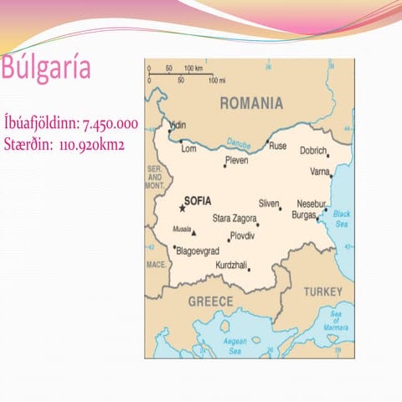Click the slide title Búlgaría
(47, 70)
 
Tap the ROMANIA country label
(250, 103)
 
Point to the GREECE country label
(210, 301)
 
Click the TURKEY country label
(322, 291)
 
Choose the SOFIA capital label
(198, 201)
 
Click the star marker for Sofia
(181, 209)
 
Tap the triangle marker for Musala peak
(193, 233)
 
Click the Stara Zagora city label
(234, 218)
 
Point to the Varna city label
(321, 172)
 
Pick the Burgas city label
(303, 214)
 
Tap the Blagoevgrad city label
(197, 250)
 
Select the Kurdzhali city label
(231, 265)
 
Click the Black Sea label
(342, 219)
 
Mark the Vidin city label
(178, 126)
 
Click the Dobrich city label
(313, 151)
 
